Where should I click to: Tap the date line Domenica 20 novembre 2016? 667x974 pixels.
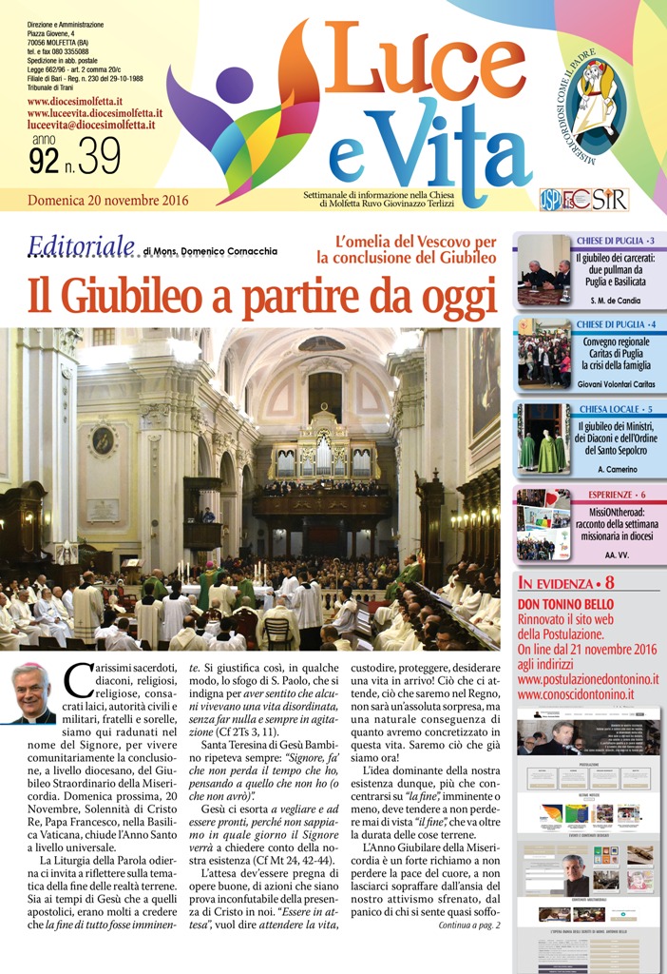(x=108, y=201)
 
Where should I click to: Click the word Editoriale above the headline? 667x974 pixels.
(x=81, y=247)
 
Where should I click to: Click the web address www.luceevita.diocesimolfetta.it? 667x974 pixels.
(x=95, y=113)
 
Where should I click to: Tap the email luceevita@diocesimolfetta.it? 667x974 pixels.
(x=91, y=125)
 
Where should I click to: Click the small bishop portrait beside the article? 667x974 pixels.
(x=31, y=694)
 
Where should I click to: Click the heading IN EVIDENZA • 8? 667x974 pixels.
(x=566, y=583)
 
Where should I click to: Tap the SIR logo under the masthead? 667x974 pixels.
(x=608, y=200)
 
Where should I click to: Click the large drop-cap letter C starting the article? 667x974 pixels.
(x=79, y=681)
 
